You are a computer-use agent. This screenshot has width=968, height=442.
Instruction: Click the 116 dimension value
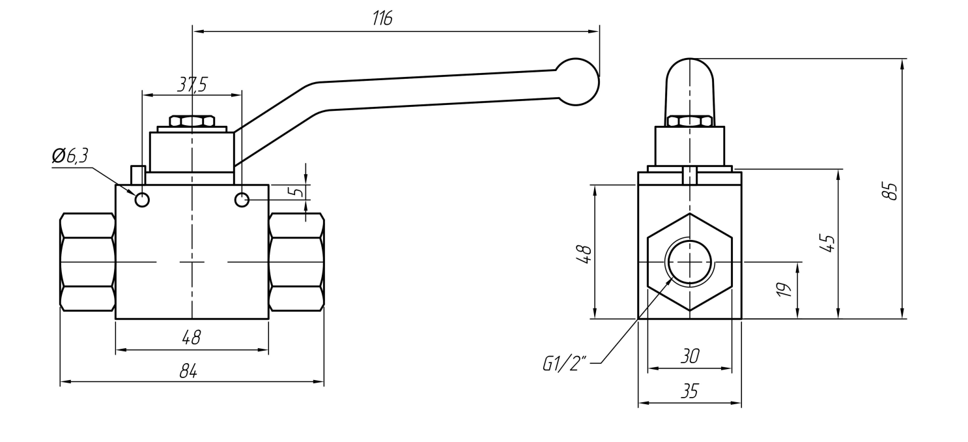coord(382,19)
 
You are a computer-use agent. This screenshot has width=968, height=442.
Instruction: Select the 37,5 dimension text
coord(192,85)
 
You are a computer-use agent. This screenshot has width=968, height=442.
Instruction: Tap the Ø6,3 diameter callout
coord(70,156)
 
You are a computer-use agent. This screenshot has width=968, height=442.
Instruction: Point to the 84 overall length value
coord(188,371)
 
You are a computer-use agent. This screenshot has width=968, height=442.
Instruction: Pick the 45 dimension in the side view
coord(827,243)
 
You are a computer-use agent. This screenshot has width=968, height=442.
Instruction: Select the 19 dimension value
coord(784,289)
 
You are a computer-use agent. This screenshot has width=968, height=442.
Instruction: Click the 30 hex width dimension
coord(690,357)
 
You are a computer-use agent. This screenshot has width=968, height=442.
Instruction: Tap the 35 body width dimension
coord(690,391)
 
